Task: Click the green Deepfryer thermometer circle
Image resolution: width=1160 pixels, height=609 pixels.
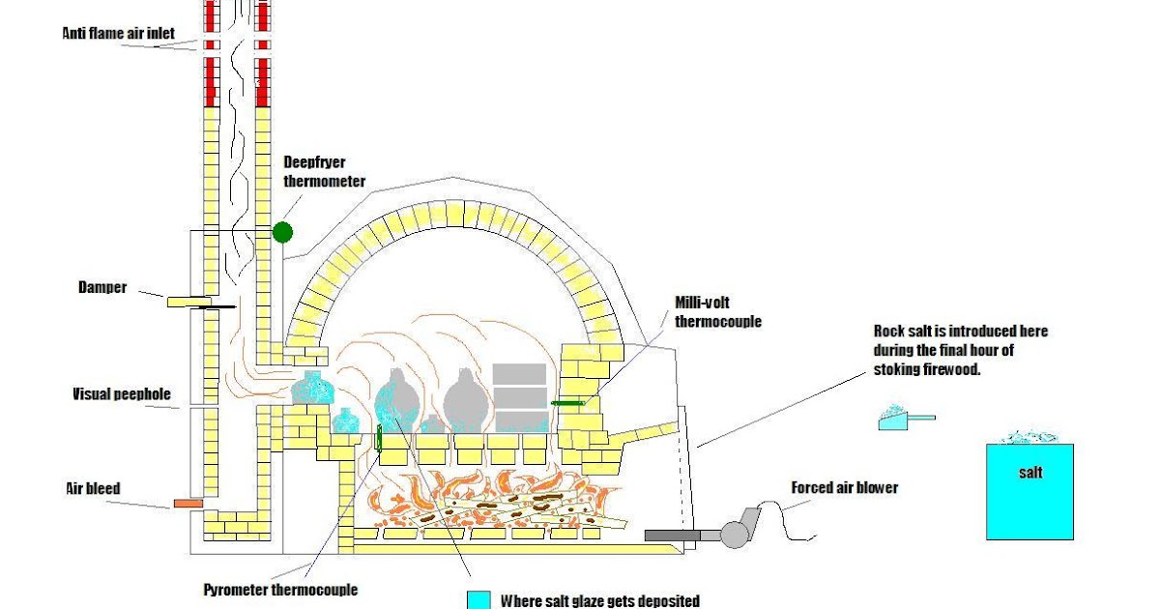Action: pyautogui.click(x=282, y=232)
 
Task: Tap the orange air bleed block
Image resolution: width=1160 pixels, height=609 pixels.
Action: pyautogui.click(x=188, y=503)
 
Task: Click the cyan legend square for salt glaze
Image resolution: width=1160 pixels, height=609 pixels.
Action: pyautogui.click(x=478, y=600)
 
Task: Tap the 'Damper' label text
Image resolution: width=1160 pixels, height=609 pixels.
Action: pyautogui.click(x=102, y=287)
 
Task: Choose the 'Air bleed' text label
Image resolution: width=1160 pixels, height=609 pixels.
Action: pyautogui.click(x=95, y=488)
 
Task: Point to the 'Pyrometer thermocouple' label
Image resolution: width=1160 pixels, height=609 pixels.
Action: pyautogui.click(x=280, y=589)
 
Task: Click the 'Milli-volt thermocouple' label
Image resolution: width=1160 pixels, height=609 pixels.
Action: pyautogui.click(x=717, y=312)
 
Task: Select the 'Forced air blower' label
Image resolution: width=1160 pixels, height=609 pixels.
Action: pyautogui.click(x=844, y=487)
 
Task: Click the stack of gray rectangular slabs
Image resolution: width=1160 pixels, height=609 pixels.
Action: pyautogui.click(x=520, y=397)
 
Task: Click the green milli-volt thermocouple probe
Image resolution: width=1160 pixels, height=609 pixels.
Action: pyautogui.click(x=568, y=402)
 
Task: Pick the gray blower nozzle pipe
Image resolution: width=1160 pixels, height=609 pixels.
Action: pyautogui.click(x=672, y=534)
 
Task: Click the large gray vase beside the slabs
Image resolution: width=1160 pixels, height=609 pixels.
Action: pyautogui.click(x=464, y=398)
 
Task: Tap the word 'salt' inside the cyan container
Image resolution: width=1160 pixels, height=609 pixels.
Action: pyautogui.click(x=1030, y=473)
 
